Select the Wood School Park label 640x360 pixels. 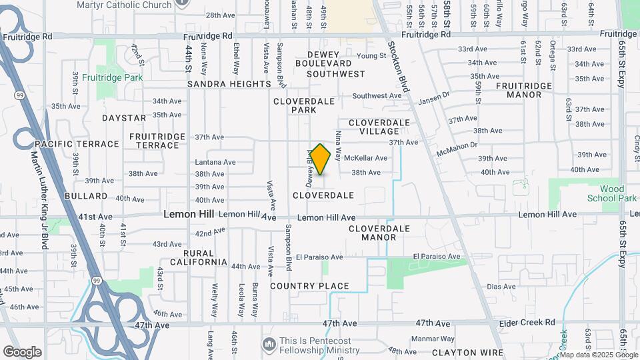click(x=612, y=193)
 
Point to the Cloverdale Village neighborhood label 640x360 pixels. click(x=379, y=127)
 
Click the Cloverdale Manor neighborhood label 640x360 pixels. click(x=379, y=233)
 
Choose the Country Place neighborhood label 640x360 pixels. click(x=309, y=286)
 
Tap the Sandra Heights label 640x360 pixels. click(x=229, y=85)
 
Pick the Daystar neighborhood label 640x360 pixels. click(x=123, y=118)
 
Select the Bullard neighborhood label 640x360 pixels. click(x=86, y=196)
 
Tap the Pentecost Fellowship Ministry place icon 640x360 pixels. click(x=269, y=344)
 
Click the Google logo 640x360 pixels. click(x=22, y=352)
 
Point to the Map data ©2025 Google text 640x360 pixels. click(x=598, y=354)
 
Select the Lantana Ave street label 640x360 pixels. click(x=215, y=162)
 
